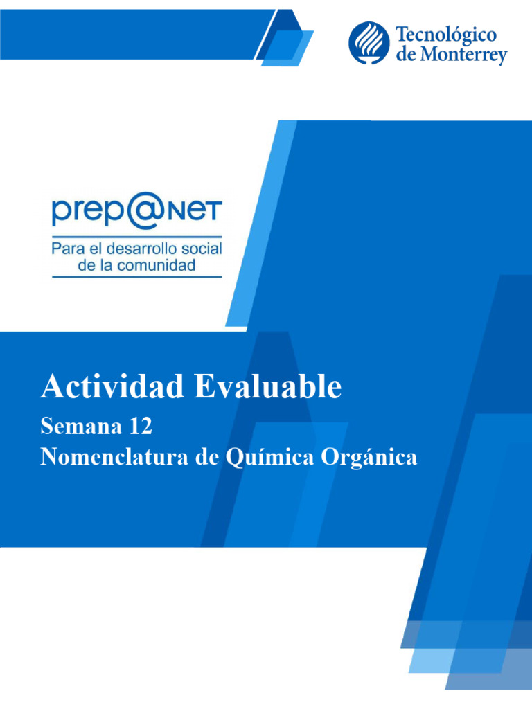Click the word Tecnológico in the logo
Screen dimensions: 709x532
coord(446,35)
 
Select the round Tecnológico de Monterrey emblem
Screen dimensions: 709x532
coord(369,43)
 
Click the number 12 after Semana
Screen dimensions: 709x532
coord(139,427)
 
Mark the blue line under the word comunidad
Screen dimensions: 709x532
coord(137,277)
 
